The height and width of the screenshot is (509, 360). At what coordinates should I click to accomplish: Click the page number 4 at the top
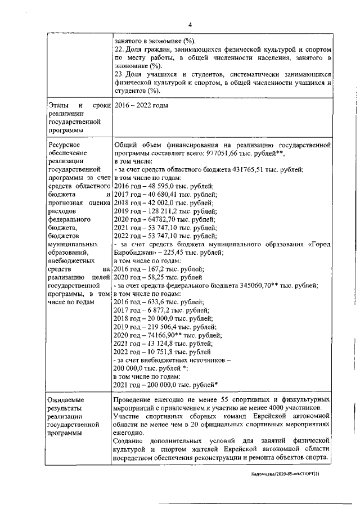(x=190, y=25)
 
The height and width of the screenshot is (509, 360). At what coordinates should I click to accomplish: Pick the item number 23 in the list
(x=118, y=74)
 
